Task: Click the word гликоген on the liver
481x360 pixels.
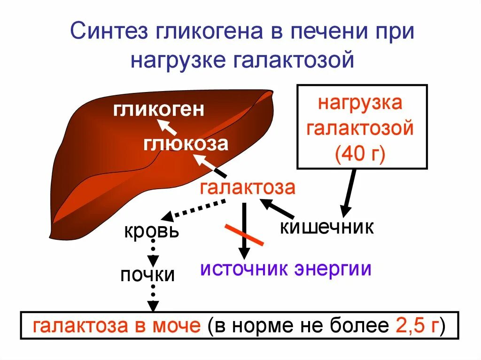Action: pos(159,110)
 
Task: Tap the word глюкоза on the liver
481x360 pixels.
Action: pos(186,143)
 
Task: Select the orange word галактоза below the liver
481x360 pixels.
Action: pos(248,188)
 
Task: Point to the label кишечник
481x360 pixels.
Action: pos(327,227)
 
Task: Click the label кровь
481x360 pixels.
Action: pos(151,231)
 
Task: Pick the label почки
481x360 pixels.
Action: pos(147,275)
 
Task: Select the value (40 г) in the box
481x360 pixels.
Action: pos(360,153)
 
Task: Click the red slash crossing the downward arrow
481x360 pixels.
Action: pos(244,235)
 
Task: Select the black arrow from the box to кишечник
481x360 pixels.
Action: pos(349,192)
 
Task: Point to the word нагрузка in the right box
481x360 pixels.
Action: pos(360,103)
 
